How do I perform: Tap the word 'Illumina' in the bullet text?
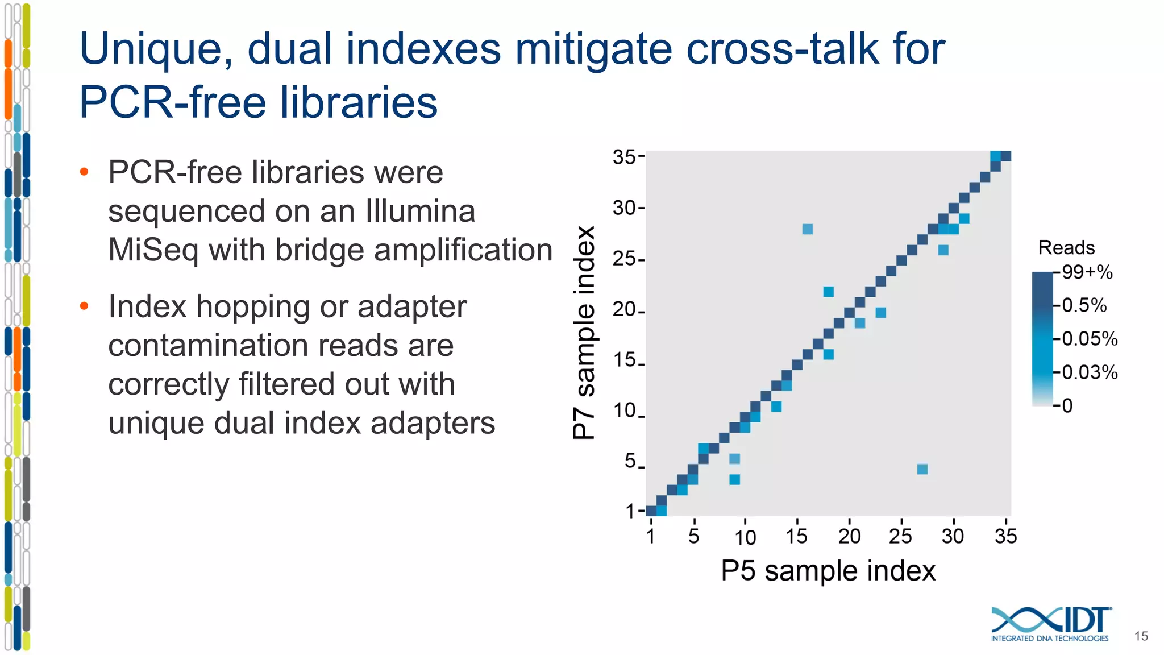421,212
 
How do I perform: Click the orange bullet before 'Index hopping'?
84,306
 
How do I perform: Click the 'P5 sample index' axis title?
828,571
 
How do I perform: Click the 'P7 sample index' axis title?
584,333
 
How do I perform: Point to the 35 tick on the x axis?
1005,536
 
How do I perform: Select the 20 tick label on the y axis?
624,310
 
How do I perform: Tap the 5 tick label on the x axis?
693,536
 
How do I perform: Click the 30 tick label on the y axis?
624,208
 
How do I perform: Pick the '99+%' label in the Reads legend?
1087,272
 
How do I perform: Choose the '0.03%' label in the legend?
1089,372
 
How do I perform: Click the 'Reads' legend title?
1066,248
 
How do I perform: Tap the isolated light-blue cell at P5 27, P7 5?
922,469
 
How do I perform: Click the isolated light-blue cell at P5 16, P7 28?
808,229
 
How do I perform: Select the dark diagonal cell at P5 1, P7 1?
651,511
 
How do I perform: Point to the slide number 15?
1141,636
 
